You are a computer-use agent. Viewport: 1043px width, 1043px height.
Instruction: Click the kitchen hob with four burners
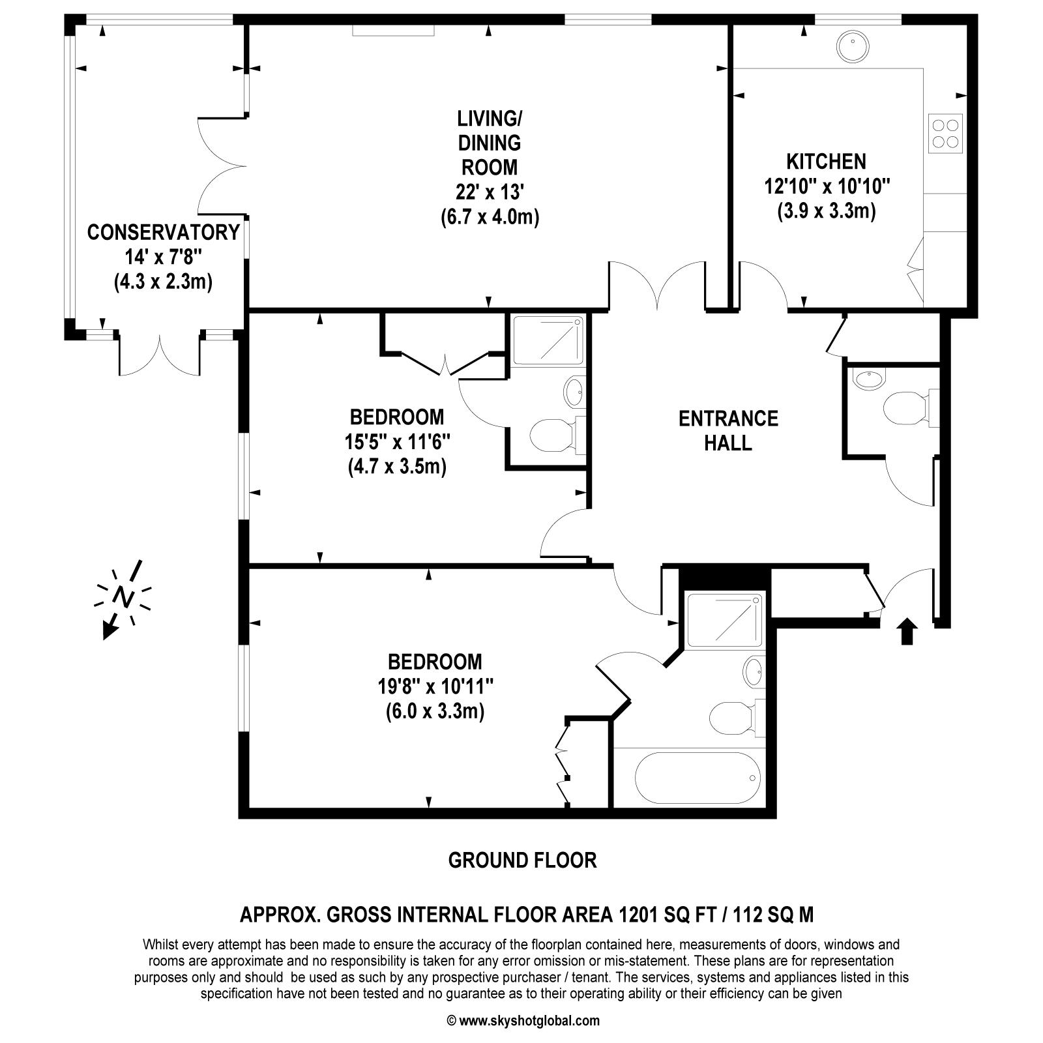945,134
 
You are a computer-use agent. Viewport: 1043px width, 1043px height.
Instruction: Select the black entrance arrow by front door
907,632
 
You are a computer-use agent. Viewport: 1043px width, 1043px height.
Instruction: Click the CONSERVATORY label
163,232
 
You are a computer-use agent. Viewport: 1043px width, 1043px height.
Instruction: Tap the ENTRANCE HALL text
728,430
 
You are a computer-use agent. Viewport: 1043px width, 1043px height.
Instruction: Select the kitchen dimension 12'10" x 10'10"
827,186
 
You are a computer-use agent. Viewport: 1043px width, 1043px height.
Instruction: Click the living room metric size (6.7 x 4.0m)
490,216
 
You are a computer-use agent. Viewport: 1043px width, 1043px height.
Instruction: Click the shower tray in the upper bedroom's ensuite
546,340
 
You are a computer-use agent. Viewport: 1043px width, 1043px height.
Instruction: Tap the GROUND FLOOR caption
522,860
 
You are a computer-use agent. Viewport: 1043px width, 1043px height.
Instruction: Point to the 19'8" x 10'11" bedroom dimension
435,686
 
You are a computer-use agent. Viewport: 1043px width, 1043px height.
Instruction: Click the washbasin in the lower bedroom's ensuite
754,671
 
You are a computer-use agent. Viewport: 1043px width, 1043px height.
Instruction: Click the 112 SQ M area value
773,915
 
